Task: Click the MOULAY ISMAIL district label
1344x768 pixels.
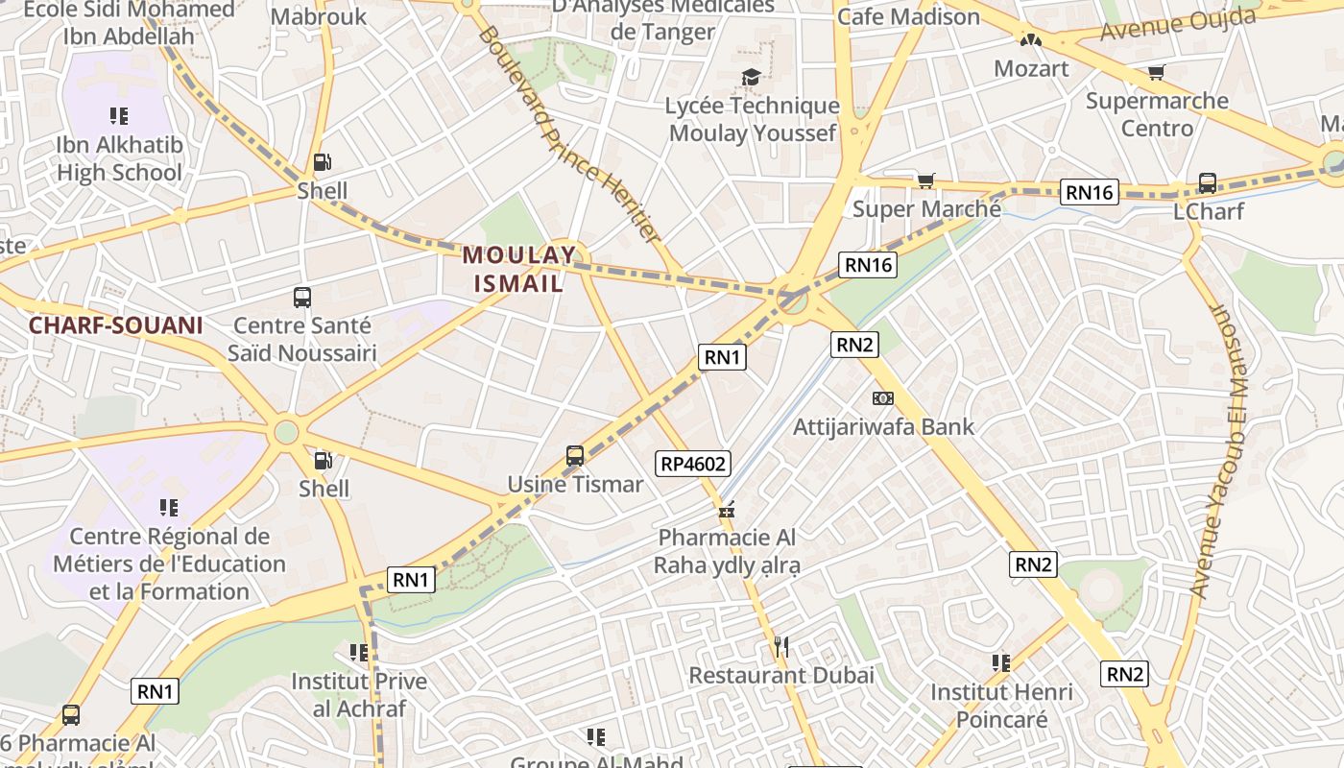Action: click(519, 269)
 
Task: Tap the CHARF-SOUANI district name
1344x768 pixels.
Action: click(115, 325)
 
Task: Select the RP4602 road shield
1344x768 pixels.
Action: click(693, 464)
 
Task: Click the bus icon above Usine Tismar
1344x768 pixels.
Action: click(575, 456)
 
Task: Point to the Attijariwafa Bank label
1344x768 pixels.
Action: click(883, 426)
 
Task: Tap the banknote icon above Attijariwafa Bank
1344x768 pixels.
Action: click(883, 397)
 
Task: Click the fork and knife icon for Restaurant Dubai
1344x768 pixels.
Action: click(781, 647)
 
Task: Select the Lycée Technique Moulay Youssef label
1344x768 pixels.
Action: click(754, 119)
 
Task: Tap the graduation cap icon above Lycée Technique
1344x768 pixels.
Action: click(751, 77)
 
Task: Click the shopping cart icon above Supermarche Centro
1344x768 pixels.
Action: click(1157, 73)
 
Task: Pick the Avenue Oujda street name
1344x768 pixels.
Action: click(1178, 24)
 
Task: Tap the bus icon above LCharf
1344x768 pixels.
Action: click(1208, 182)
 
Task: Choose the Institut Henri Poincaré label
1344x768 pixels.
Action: click(1001, 706)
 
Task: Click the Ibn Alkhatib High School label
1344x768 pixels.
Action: click(119, 158)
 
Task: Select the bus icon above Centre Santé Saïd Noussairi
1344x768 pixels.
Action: click(302, 298)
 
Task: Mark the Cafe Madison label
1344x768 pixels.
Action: click(908, 17)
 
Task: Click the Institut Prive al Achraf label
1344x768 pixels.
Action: click(359, 695)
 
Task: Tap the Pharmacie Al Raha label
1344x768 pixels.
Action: click(727, 551)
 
